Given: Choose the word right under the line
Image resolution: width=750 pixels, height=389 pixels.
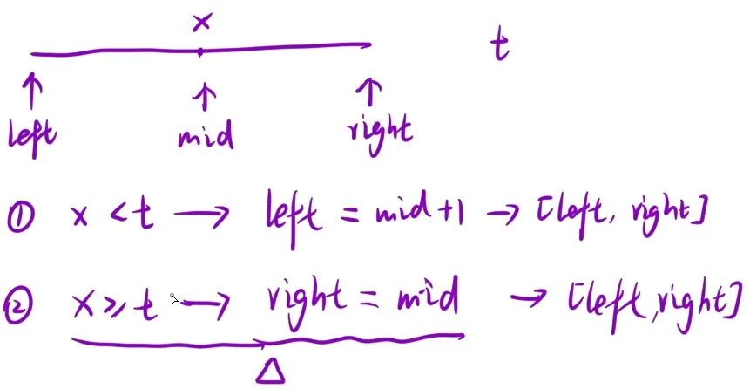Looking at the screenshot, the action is (379, 133).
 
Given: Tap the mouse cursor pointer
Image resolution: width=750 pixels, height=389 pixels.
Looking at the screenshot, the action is (174, 299).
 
